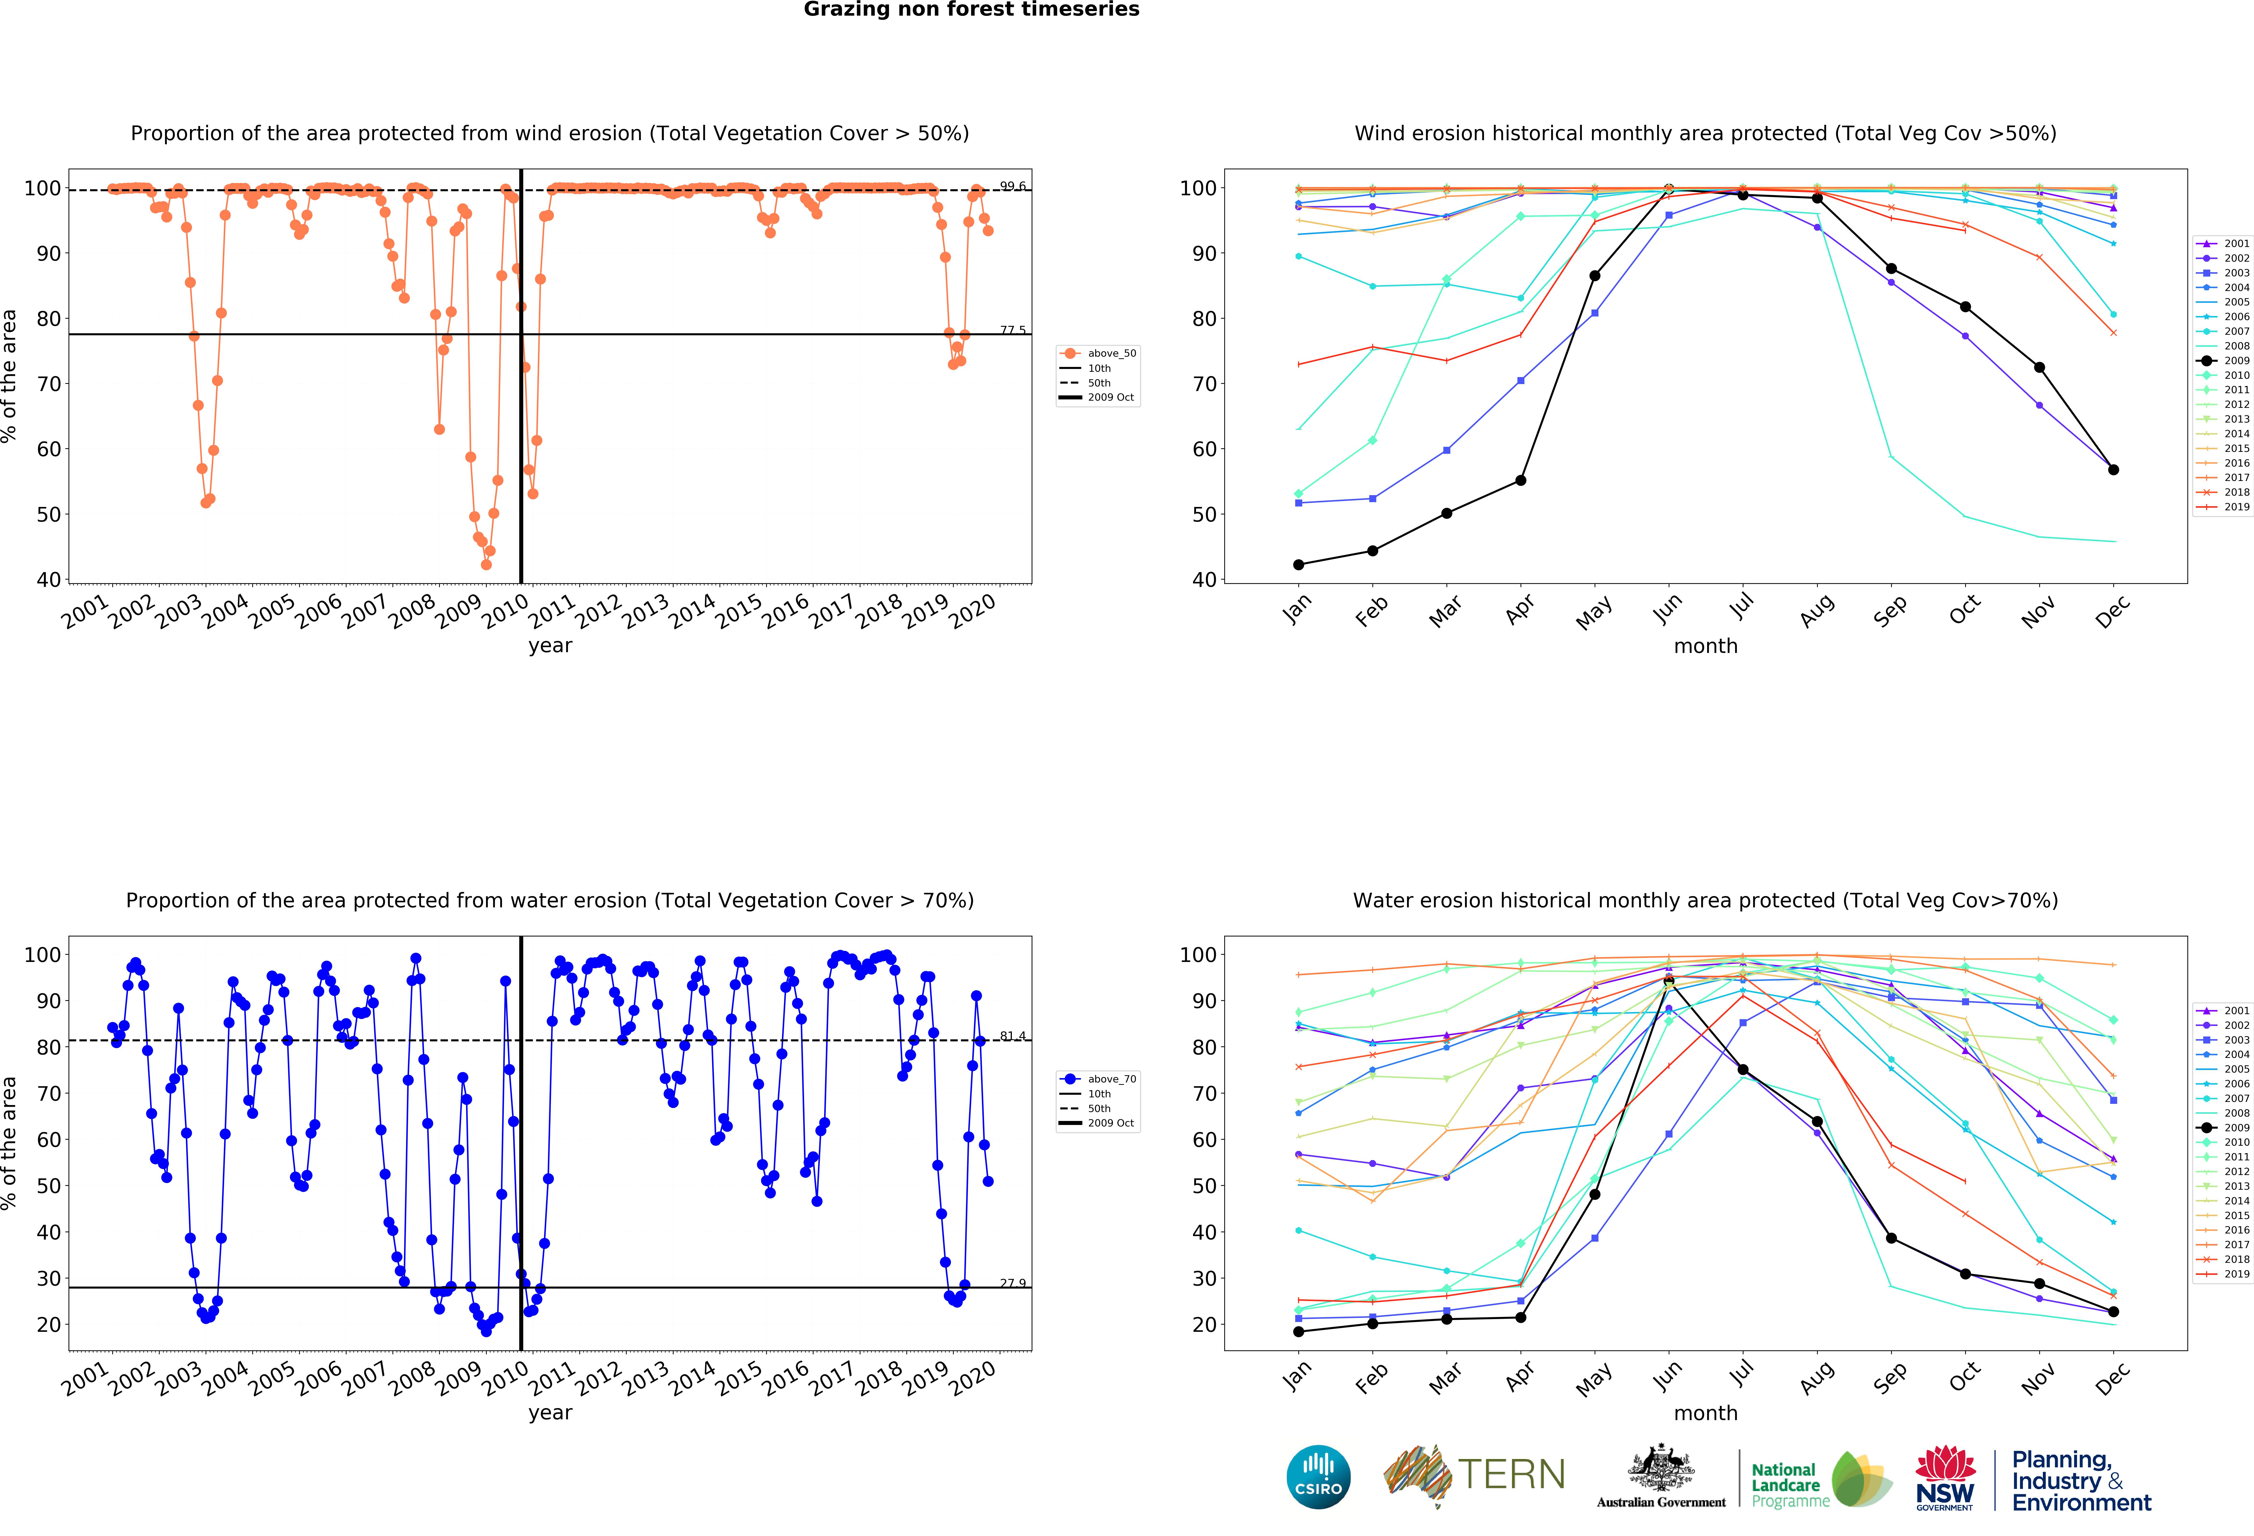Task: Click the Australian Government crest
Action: tap(1661, 1469)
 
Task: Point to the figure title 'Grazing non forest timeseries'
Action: tap(971, 10)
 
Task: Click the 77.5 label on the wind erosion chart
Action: tap(1013, 330)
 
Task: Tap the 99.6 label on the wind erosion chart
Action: tap(1013, 185)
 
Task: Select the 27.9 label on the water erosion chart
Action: tap(1013, 1283)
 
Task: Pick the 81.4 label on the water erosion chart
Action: tap(1013, 1036)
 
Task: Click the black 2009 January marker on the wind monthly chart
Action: tap(1299, 564)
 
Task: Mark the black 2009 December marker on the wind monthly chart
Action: tap(2113, 469)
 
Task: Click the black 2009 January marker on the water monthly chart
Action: tap(1299, 1331)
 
